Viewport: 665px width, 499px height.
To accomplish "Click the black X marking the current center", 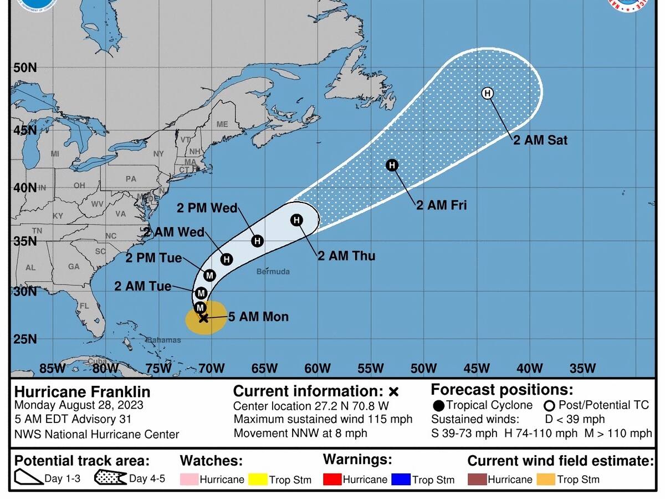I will [203, 318].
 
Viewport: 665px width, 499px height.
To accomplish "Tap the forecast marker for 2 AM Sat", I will [487, 93].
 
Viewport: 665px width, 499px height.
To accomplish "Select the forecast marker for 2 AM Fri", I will [392, 165].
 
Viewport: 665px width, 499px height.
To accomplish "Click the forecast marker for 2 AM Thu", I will [296, 221].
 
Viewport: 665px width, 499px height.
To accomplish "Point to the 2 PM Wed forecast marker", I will [257, 241].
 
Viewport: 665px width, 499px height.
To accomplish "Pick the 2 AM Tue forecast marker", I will [201, 293].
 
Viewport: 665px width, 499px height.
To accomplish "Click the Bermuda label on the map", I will [273, 272].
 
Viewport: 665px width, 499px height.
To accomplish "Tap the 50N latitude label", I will [25, 68].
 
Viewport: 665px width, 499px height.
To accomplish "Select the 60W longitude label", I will [317, 368].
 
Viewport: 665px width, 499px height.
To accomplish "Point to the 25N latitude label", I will [25, 339].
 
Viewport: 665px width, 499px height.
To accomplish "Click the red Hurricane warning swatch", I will [331, 479].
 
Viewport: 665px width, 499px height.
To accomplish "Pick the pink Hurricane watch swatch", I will [188, 479].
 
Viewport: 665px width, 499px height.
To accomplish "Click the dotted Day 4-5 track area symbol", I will [110, 477].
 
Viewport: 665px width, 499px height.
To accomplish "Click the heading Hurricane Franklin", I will [82, 391].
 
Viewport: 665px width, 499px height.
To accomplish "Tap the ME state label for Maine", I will [222, 124].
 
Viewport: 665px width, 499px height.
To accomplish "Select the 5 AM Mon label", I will [259, 317].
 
